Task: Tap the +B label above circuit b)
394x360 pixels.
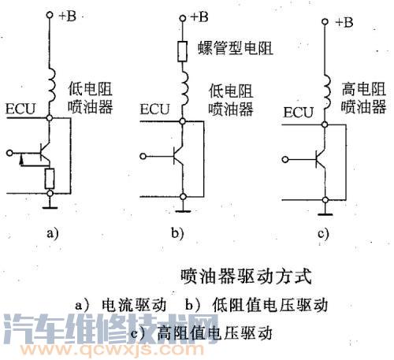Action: [x=199, y=14]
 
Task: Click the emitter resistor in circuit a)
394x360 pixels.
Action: [x=51, y=178]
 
